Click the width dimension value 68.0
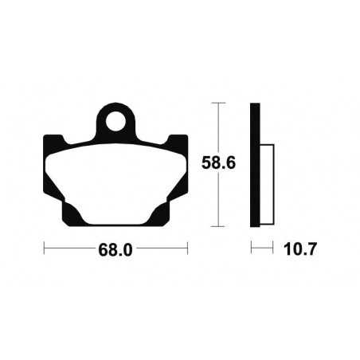click(116, 249)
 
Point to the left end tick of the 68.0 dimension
click(44, 248)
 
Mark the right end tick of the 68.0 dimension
click(188, 248)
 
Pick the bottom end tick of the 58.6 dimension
click(218, 228)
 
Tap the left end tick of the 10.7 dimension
click(252, 248)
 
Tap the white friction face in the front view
click(116, 179)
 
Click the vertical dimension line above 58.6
click(218, 127)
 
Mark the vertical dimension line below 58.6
click(218, 203)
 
